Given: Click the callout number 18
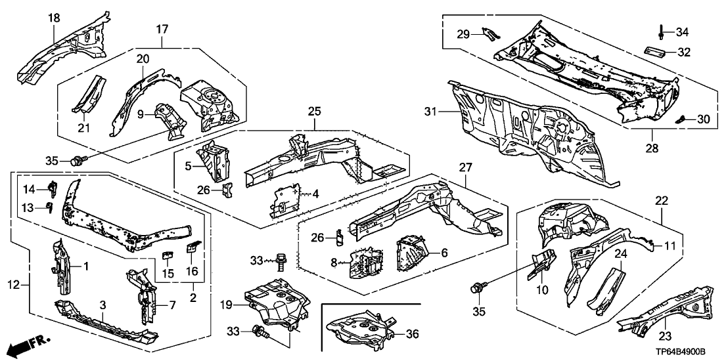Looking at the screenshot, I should [x=54, y=17].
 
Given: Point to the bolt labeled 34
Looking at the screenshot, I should [x=660, y=31].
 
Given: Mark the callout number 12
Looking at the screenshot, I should [x=19, y=284].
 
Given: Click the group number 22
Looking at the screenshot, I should [x=661, y=200].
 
